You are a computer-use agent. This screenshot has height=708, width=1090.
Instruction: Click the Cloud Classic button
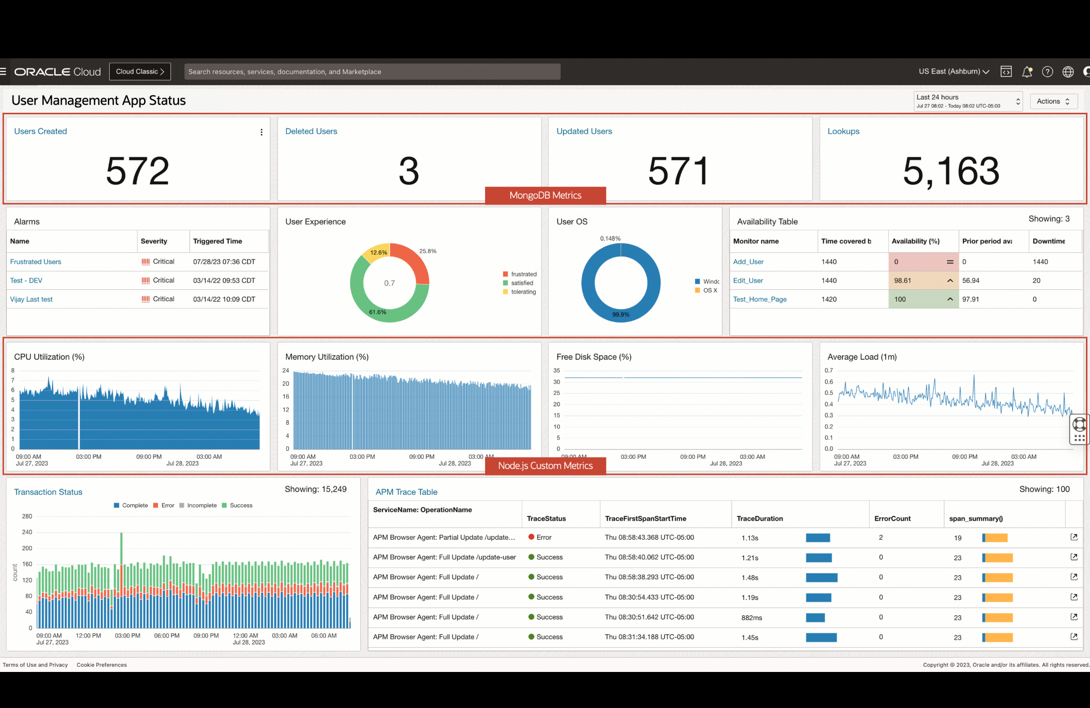pyautogui.click(x=140, y=72)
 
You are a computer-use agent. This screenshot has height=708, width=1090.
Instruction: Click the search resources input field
pyautogui.click(x=372, y=72)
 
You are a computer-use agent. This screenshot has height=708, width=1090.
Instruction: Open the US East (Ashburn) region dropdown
pyautogui.click(x=954, y=72)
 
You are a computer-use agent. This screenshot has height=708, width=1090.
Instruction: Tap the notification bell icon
pyautogui.click(x=1027, y=72)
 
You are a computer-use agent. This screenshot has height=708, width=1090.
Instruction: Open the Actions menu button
pyautogui.click(x=1053, y=101)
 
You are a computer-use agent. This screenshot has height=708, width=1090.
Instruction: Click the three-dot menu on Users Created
pyautogui.click(x=262, y=132)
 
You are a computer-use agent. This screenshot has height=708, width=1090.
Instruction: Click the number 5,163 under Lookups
pyautogui.click(x=951, y=171)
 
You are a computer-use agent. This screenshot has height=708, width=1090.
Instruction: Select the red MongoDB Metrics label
pyautogui.click(x=545, y=196)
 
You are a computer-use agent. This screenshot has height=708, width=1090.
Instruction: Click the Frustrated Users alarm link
pyautogui.click(x=36, y=262)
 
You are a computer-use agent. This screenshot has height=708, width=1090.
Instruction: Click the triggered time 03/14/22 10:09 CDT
pyautogui.click(x=224, y=299)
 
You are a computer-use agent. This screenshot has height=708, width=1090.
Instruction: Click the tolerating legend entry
pyautogui.click(x=523, y=292)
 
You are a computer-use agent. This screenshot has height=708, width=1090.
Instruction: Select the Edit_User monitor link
pyautogui.click(x=748, y=281)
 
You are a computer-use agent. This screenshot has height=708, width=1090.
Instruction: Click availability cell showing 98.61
pyautogui.click(x=903, y=281)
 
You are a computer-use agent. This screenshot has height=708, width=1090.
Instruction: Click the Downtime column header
pyautogui.click(x=1048, y=241)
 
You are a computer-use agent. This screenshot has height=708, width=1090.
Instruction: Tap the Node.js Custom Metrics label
pyautogui.click(x=545, y=466)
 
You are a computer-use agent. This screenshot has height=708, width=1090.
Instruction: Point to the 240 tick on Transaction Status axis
pyautogui.click(x=27, y=532)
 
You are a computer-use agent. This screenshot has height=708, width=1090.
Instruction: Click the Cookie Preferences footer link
pyautogui.click(x=101, y=665)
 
